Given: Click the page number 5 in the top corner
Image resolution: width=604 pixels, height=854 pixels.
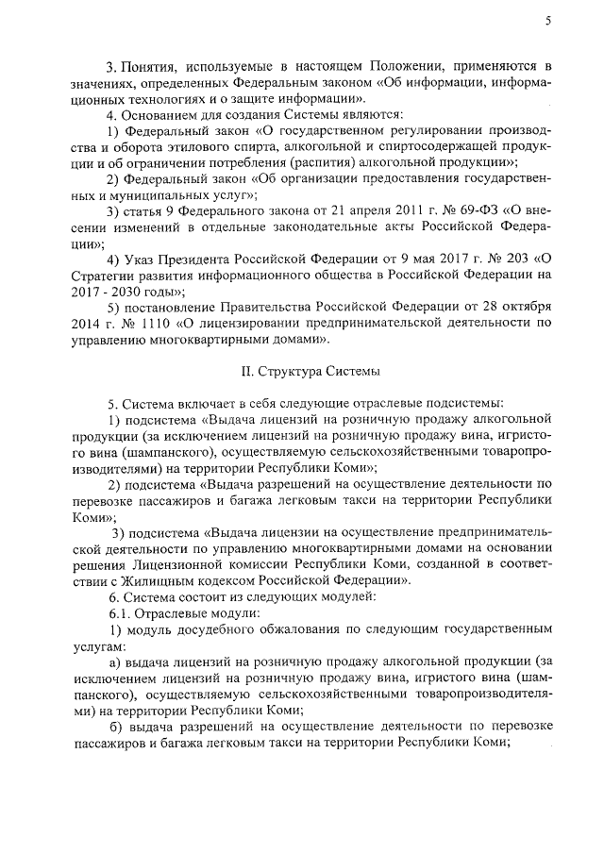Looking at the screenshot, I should coord(548,22).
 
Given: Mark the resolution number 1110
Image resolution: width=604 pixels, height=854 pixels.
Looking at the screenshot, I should coord(144,324).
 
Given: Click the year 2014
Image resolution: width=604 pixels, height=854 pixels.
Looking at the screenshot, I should coord(90,324).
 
